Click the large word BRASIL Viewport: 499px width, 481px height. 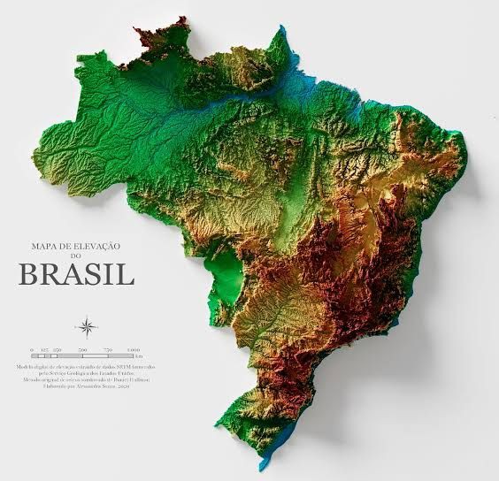click(x=76, y=274)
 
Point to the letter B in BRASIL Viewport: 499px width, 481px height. click(x=28, y=274)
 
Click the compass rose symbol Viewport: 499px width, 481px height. click(x=87, y=328)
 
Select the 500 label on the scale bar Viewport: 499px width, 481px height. click(x=81, y=350)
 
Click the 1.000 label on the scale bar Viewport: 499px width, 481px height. click(x=133, y=350)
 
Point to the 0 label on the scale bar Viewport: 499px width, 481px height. click(x=32, y=350)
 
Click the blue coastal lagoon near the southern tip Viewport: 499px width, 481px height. click(x=275, y=447)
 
